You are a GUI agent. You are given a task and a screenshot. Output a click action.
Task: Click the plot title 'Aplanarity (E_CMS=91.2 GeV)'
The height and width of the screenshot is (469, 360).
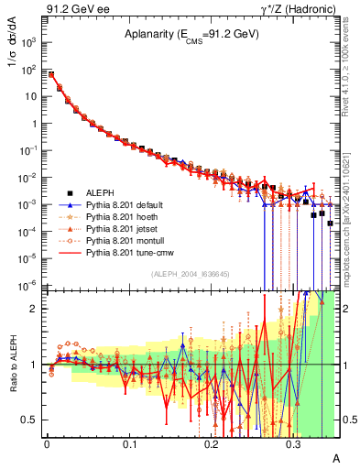191,34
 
